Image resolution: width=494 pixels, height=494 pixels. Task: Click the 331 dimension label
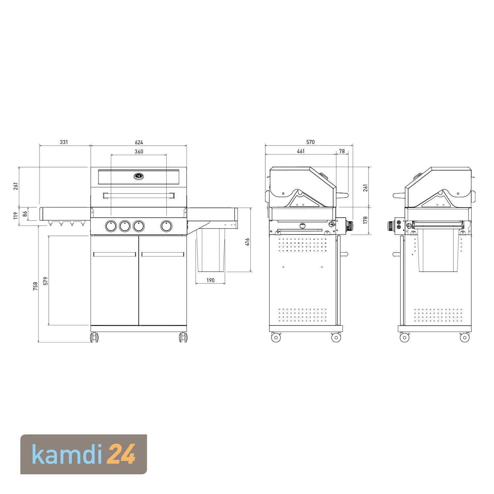[64, 142]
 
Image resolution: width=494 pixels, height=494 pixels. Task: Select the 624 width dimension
[139, 142]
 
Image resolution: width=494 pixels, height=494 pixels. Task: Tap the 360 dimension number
[139, 151]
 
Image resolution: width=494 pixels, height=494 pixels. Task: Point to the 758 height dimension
[36, 286]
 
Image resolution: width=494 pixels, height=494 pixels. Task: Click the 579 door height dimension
[46, 281]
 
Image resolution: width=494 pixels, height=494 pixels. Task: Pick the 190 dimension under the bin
[210, 280]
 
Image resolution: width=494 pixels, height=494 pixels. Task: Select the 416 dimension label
[247, 242]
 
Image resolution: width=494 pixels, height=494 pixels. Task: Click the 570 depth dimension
[311, 142]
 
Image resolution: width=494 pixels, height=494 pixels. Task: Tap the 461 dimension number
[301, 151]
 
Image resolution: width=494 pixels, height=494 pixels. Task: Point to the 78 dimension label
[342, 151]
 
